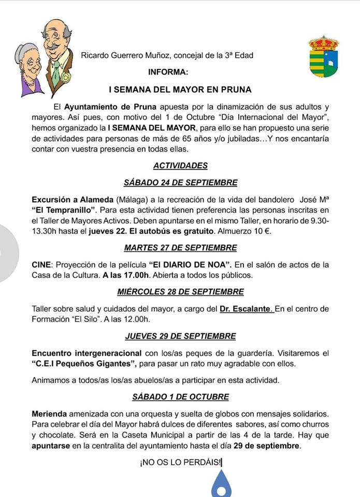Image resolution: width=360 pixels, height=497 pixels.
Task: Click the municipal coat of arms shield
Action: point(323,58)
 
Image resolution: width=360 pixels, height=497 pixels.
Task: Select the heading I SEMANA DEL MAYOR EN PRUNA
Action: point(180,90)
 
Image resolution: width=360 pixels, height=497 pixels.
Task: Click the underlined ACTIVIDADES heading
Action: point(180,166)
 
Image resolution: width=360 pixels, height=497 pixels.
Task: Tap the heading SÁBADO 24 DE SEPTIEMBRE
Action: point(180,182)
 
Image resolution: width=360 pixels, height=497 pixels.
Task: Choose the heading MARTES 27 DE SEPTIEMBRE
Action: point(180,247)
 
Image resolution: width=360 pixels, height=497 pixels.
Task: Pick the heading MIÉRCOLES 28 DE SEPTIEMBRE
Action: point(180,291)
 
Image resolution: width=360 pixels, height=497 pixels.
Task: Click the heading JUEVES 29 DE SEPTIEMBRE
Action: point(180,335)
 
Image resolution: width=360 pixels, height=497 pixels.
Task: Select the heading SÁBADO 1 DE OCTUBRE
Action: point(180,397)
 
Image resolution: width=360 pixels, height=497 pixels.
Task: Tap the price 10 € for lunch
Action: point(265,231)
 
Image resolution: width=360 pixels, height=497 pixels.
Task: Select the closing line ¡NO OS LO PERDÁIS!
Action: point(180,462)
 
